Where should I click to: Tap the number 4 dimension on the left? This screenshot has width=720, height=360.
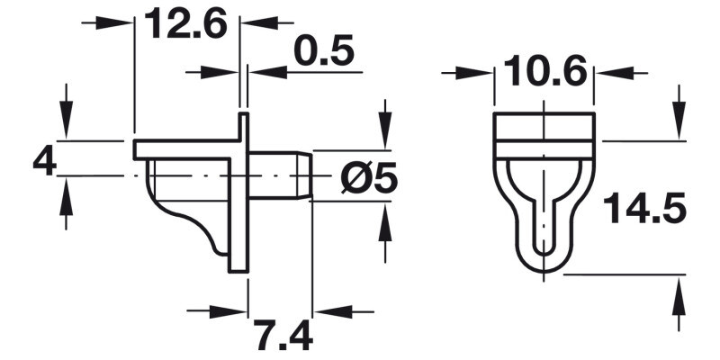pos(44,162)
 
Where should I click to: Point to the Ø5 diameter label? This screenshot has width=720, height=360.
pos(370,178)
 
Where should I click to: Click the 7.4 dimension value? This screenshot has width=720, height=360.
pos(282,337)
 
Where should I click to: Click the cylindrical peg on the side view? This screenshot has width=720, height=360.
pos(279,175)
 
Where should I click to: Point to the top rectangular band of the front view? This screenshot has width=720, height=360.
pos(545,128)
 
